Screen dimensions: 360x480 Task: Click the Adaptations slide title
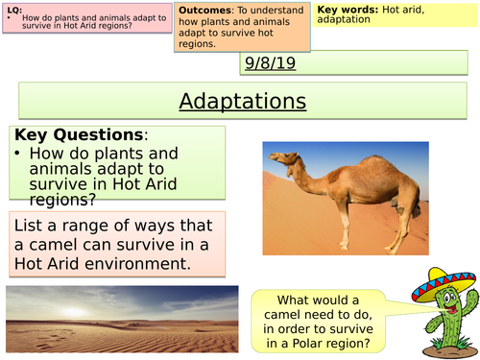click(243, 101)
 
